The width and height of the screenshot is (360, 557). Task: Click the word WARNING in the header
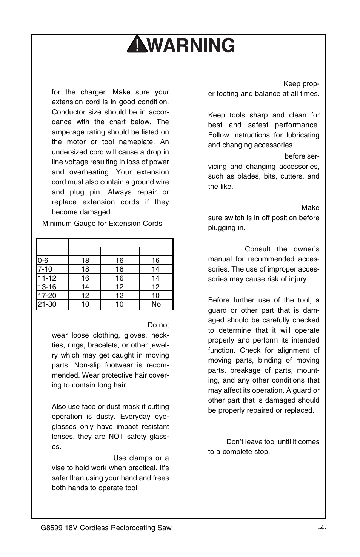click(x=190, y=45)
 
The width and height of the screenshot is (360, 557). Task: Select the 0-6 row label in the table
click(x=43, y=261)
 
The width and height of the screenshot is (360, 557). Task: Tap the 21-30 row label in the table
click(x=47, y=304)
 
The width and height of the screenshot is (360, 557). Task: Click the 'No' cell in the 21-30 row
click(x=156, y=304)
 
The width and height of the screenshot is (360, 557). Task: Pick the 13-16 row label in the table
click(x=47, y=287)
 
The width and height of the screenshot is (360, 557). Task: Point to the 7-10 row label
click(x=45, y=269)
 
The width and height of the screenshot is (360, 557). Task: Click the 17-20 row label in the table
click(x=47, y=296)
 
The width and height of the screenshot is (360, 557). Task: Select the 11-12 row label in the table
click(x=47, y=278)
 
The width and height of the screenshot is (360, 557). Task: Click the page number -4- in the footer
click(x=322, y=528)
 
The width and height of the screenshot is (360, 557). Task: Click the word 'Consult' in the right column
click(x=258, y=249)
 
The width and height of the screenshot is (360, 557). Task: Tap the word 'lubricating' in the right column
click(x=303, y=135)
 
